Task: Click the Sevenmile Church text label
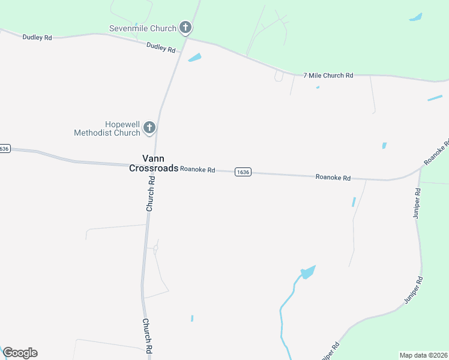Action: pos(143,28)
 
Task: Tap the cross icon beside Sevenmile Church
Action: pos(186,28)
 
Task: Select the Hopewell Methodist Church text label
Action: pos(107,128)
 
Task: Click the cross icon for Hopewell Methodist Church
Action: pos(149,127)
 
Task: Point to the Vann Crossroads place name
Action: pos(154,163)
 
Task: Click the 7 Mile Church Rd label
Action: pos(328,76)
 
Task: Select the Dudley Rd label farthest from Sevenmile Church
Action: pos(37,37)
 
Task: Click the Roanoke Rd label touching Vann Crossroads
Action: pos(197,170)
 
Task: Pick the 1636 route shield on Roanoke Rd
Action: pos(243,172)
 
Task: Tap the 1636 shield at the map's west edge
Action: pos(5,148)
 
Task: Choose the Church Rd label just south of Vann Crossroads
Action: pos(150,194)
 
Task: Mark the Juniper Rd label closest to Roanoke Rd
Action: pos(417,203)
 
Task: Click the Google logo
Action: pos(20,353)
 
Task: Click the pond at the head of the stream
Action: pos(307,272)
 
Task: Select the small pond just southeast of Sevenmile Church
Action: pos(194,58)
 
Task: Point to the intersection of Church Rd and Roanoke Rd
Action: pos(154,166)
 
